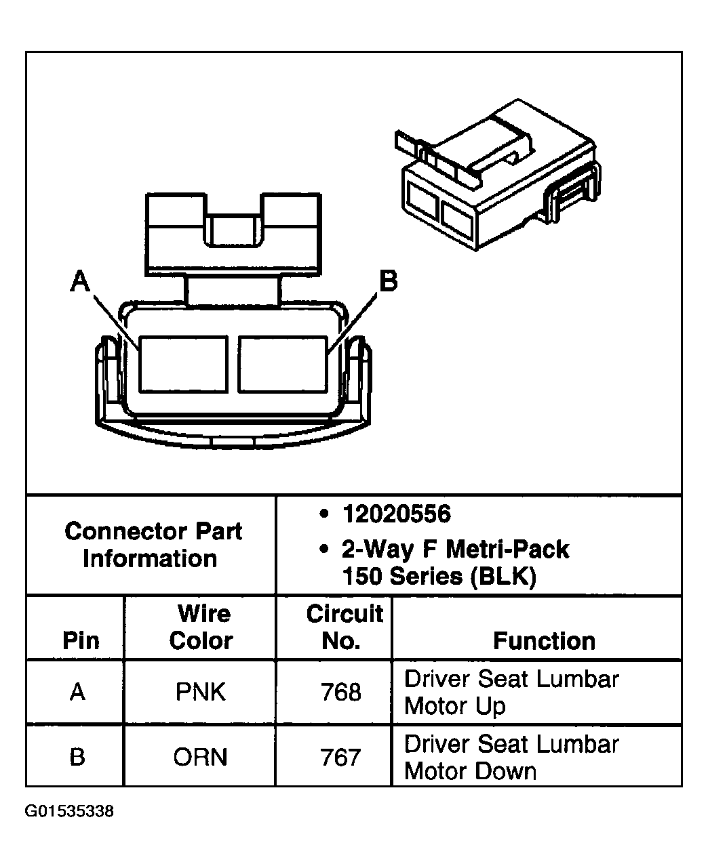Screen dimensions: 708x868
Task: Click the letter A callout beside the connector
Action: [x=80, y=281]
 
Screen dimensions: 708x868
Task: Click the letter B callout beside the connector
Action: [x=389, y=281]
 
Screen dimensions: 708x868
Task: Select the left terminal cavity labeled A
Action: [x=183, y=365]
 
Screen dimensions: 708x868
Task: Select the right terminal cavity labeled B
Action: [x=283, y=365]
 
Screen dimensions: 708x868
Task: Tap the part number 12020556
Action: [x=397, y=514]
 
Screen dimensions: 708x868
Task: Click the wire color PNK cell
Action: [x=200, y=692]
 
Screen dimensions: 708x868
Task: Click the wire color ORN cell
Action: [x=200, y=757]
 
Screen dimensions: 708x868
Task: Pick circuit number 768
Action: [x=341, y=693]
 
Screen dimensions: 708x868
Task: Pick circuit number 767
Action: [x=340, y=758]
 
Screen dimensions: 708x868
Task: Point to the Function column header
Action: [x=544, y=641]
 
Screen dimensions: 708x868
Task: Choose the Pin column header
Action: [x=81, y=640]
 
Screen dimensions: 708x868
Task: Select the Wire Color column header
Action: [x=201, y=627]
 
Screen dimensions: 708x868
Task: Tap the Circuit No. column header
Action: [x=345, y=627]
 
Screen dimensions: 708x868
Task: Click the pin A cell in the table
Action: [x=77, y=692]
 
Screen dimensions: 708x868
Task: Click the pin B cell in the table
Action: [x=77, y=757]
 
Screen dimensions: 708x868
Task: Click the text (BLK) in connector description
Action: [x=503, y=577]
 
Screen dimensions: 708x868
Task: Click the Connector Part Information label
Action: [x=153, y=545]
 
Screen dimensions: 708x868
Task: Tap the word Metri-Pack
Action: [x=507, y=550]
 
